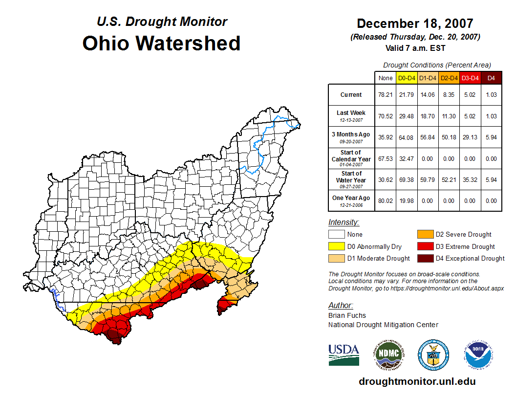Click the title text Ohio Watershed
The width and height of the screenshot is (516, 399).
click(x=161, y=43)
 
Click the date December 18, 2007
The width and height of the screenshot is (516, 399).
click(x=415, y=23)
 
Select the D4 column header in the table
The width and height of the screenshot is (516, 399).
click(x=491, y=78)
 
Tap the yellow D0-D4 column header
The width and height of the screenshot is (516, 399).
click(x=407, y=78)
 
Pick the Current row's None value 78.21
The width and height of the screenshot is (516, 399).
click(x=386, y=95)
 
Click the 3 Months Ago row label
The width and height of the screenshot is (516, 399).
click(x=351, y=137)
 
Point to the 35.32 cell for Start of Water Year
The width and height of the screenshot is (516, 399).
click(x=470, y=180)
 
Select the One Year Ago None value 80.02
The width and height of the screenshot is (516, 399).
click(x=386, y=201)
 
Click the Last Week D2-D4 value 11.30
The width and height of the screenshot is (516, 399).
click(x=449, y=116)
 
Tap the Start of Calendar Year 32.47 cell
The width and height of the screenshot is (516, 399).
click(x=407, y=159)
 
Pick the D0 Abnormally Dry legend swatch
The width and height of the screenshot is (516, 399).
click(x=337, y=246)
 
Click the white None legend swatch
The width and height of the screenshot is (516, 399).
click(x=337, y=235)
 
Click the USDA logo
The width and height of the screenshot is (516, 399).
click(x=344, y=355)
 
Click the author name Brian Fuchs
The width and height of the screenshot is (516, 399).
click(x=347, y=315)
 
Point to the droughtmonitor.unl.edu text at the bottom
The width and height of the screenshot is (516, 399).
click(x=417, y=381)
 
